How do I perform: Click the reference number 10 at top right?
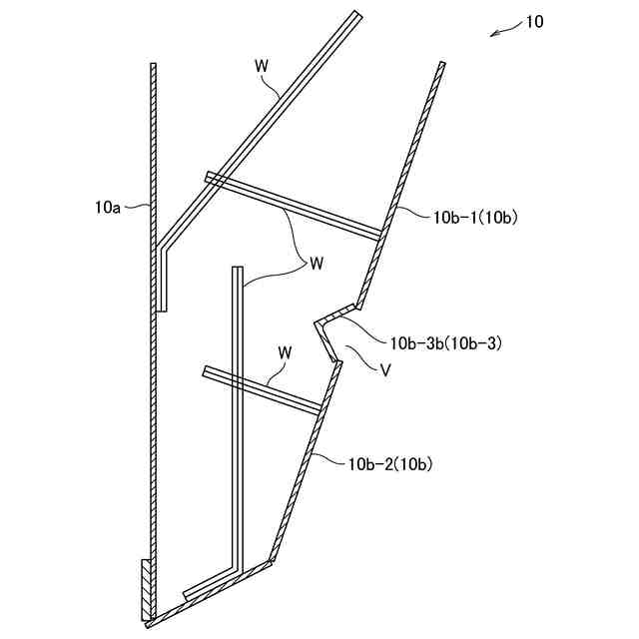(x=534, y=21)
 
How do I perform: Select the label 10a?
(x=108, y=208)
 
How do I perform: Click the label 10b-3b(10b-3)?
(x=445, y=342)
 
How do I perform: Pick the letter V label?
(x=384, y=370)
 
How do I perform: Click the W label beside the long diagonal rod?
(x=262, y=65)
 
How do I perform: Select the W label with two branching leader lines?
(x=316, y=264)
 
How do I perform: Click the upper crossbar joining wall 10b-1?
(x=295, y=207)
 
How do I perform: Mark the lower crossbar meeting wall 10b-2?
(x=264, y=389)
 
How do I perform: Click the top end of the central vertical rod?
(x=238, y=270)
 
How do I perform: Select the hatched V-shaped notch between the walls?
(x=331, y=329)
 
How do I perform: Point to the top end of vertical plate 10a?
(x=154, y=68)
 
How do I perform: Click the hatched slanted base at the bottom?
(x=210, y=596)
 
